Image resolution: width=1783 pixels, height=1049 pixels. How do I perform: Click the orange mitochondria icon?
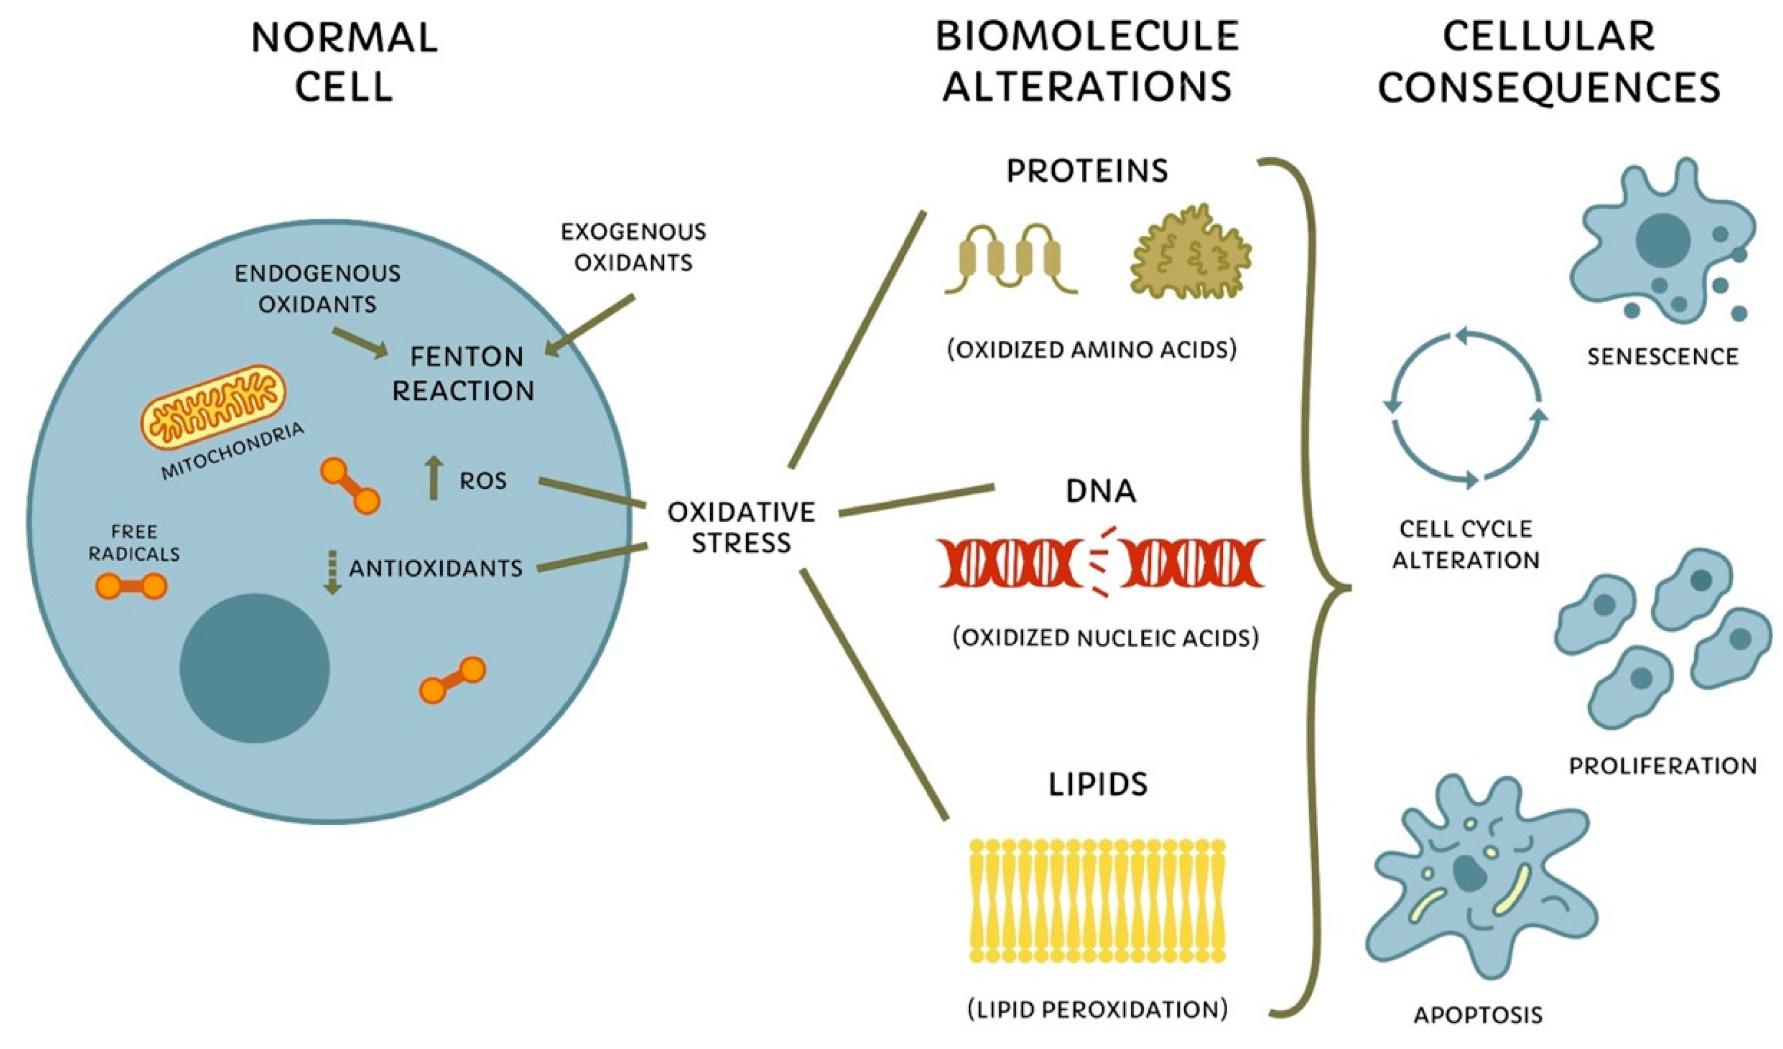[214, 407]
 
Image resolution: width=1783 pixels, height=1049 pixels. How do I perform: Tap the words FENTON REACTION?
[464, 374]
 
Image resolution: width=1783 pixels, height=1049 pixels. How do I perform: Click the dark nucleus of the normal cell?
[255, 668]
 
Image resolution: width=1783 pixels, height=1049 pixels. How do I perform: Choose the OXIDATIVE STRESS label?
[741, 528]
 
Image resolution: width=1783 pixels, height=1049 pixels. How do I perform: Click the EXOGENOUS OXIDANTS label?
[633, 247]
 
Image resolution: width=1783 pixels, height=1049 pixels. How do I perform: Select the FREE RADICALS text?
[134, 542]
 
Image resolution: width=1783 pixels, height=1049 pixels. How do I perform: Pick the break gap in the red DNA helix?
[1101, 561]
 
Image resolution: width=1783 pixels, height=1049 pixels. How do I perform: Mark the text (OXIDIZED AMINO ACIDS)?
[1092, 350]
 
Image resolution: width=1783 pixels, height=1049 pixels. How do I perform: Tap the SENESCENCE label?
[1662, 356]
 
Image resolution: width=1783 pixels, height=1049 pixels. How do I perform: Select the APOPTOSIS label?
[1478, 1015]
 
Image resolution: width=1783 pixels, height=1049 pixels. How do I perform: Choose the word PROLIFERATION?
[1662, 765]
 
